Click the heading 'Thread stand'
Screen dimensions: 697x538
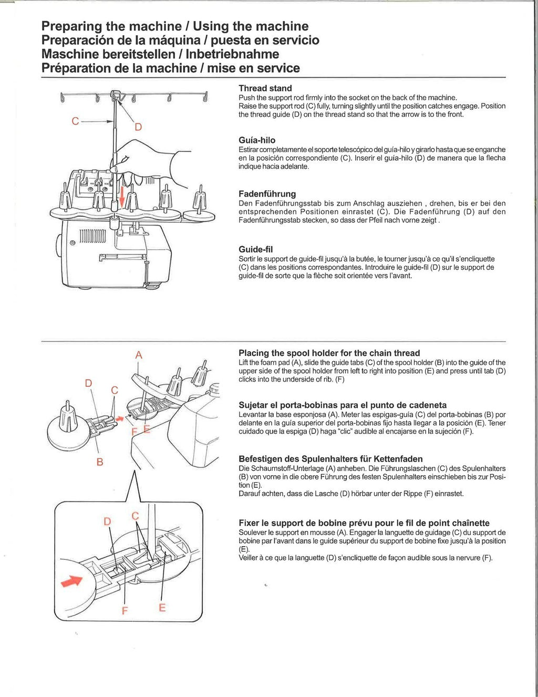[265, 88]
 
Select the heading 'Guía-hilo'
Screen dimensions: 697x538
[257, 140]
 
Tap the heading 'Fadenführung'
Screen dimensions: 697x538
[267, 194]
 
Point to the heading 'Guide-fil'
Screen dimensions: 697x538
[255, 249]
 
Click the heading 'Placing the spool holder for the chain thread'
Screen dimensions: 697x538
[329, 353]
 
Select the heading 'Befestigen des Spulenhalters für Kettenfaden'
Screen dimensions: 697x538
[330, 459]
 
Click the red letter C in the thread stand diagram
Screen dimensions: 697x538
[76, 121]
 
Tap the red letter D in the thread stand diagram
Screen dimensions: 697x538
[138, 127]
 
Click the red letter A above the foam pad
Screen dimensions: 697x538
[139, 355]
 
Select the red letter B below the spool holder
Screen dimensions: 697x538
[100, 462]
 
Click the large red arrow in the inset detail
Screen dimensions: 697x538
[72, 581]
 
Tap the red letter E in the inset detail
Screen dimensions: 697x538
[162, 608]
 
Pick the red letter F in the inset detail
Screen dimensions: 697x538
[125, 611]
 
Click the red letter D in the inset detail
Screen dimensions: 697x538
[107, 521]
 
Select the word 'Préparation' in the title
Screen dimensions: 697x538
[76, 68]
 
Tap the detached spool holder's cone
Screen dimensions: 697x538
[68, 415]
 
